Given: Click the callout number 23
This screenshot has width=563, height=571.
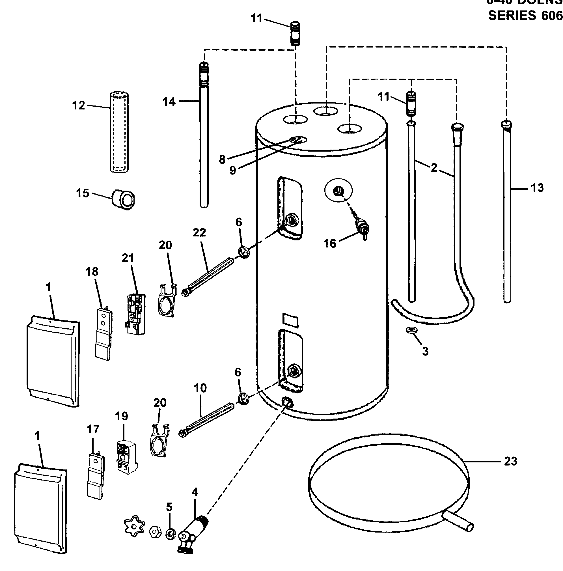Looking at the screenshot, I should tap(510, 461).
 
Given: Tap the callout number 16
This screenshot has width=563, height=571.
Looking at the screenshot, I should tap(330, 243).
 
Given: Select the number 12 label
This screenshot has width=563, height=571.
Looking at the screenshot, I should tap(78, 105).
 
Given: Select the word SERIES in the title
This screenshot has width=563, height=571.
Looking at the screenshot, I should tap(512, 15).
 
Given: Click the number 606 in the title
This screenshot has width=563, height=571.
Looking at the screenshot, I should tap(552, 15).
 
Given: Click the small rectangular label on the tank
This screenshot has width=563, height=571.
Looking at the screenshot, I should tap(290, 320).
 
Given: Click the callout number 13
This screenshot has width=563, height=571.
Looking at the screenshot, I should tap(537, 188).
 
